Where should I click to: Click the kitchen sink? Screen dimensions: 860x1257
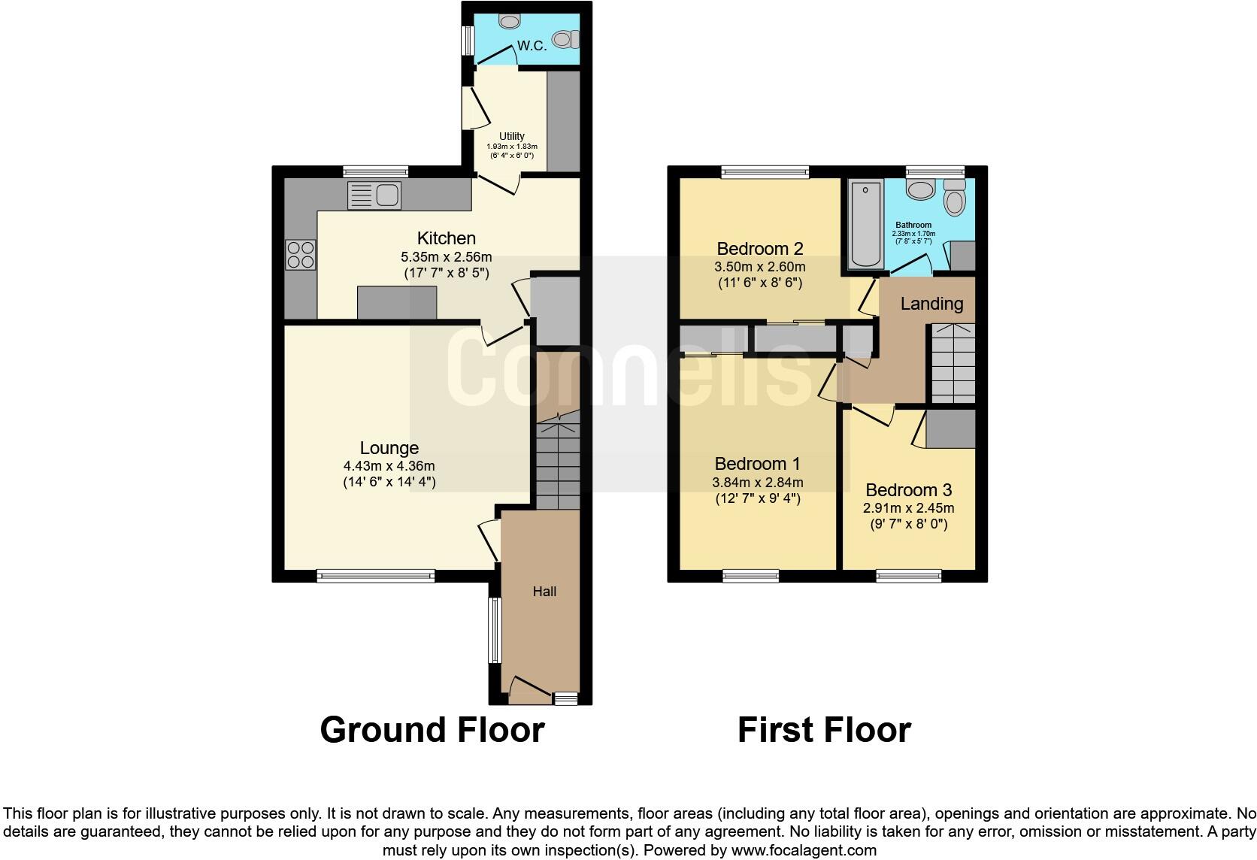pos(374,195)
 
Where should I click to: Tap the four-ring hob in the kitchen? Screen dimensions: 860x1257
pos(300,254)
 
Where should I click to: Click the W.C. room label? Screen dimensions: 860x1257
pos(532,46)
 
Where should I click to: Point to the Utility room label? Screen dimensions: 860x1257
pos(512,136)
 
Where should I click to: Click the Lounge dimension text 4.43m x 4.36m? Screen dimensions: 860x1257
pos(389,465)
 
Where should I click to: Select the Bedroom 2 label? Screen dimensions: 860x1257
pos(760,249)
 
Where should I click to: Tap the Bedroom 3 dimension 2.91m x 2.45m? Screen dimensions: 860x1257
pos(908,507)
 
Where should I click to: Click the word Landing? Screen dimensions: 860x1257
pos(931,304)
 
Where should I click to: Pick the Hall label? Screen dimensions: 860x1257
pos(544,592)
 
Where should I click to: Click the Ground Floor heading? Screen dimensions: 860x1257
pos(432,730)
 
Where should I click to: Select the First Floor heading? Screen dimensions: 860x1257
pos(824,730)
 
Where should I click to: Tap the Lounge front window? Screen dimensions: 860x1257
pos(376,577)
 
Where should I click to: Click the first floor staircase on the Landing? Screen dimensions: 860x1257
pos(953,363)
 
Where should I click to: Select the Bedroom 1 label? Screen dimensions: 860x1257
pos(757,464)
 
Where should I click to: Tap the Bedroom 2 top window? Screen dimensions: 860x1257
pos(765,172)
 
